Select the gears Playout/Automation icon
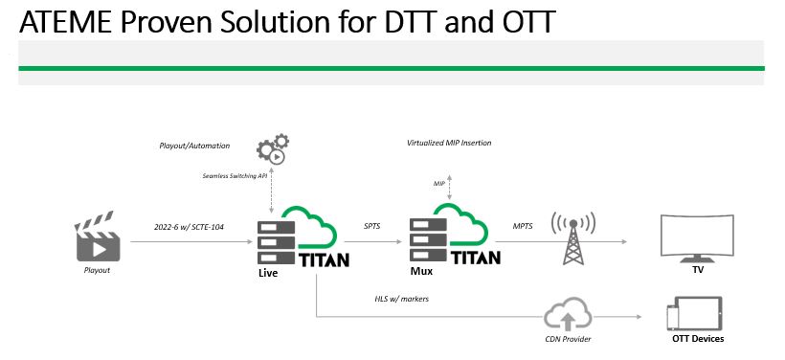273,150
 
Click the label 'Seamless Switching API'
235,175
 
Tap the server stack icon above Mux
428,240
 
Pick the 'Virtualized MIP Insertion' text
449,143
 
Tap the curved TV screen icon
698,238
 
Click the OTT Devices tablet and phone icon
693,313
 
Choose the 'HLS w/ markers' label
403,299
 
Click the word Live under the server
268,274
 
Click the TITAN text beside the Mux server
475,258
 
